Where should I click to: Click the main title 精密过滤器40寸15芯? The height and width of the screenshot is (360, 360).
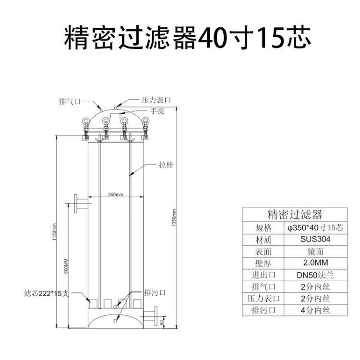tap(187, 38)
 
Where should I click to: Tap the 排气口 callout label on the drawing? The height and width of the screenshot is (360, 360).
tap(70, 101)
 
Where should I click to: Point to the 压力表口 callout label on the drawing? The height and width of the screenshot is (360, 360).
tap(156, 100)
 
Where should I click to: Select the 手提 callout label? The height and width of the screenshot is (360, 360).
tap(157, 111)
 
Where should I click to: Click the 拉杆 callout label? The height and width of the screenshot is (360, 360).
tap(166, 165)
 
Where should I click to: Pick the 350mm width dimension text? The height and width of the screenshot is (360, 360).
tap(116, 194)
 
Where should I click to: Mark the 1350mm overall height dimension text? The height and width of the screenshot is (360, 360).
tap(174, 217)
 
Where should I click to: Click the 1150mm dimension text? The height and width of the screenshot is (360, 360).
tap(54, 232)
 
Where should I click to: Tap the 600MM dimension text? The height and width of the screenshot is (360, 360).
tap(66, 266)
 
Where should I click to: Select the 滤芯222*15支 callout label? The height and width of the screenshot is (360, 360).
tap(47, 293)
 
